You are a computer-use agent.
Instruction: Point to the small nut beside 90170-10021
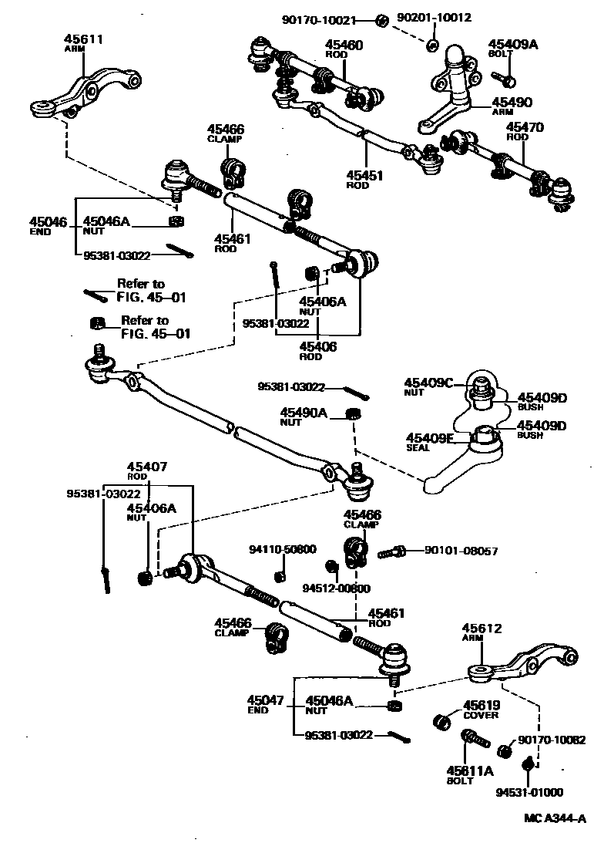[x=381, y=19]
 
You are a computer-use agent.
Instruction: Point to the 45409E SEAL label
[x=428, y=441]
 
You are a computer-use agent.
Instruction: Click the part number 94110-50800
[x=282, y=549]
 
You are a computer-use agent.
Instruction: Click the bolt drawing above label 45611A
[x=473, y=739]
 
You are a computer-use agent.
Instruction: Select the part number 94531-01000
[x=529, y=791]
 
